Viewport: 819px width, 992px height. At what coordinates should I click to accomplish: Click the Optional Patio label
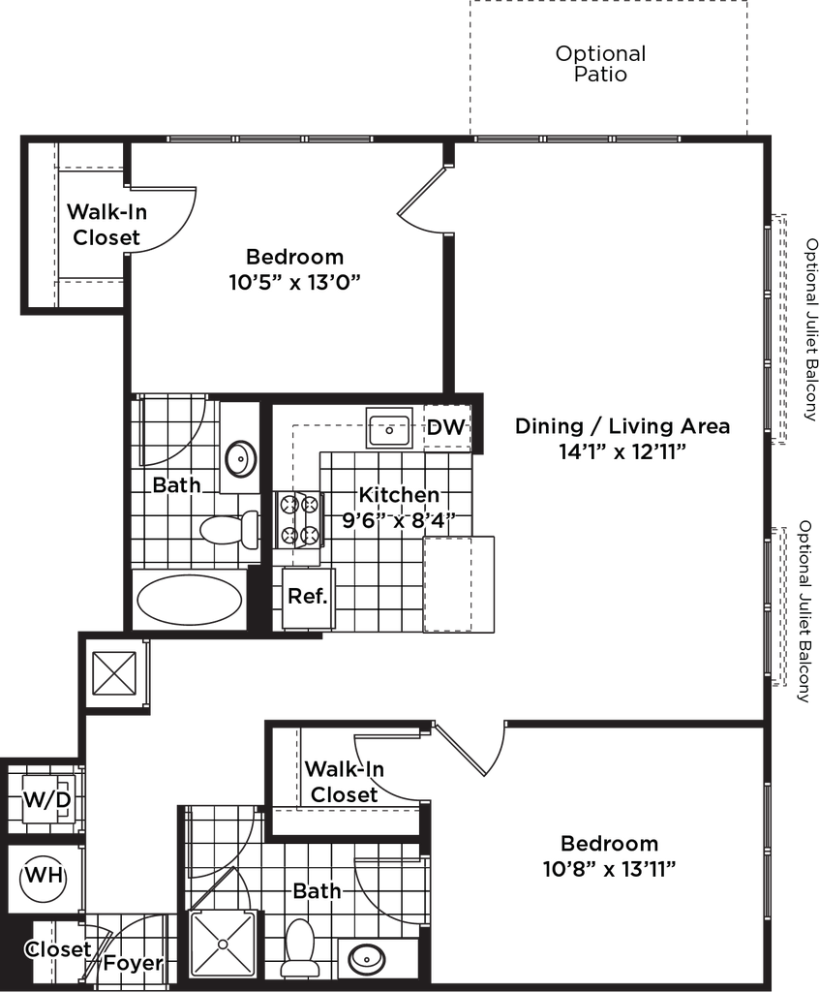coord(600,66)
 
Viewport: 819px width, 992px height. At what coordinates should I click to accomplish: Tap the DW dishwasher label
coord(446,427)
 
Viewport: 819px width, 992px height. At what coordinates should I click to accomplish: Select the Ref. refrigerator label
coord(308,596)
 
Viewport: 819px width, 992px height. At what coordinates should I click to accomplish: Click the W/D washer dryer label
coord(47,800)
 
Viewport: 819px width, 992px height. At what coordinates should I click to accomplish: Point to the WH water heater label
coord(45,875)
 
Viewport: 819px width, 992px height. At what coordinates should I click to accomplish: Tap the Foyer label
coord(133,964)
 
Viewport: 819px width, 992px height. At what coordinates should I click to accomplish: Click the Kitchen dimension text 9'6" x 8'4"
coord(398,520)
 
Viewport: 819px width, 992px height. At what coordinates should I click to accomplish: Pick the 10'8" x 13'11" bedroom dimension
coord(608,868)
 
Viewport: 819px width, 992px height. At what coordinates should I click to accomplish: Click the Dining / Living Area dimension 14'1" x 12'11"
coord(622,451)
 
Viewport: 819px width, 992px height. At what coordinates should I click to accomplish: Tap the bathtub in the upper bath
coord(189,601)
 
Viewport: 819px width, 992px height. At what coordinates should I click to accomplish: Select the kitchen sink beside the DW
coord(390,427)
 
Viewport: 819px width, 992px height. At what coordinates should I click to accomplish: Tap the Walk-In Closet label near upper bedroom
coord(106,224)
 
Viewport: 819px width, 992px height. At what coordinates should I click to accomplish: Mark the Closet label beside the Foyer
coord(59,950)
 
